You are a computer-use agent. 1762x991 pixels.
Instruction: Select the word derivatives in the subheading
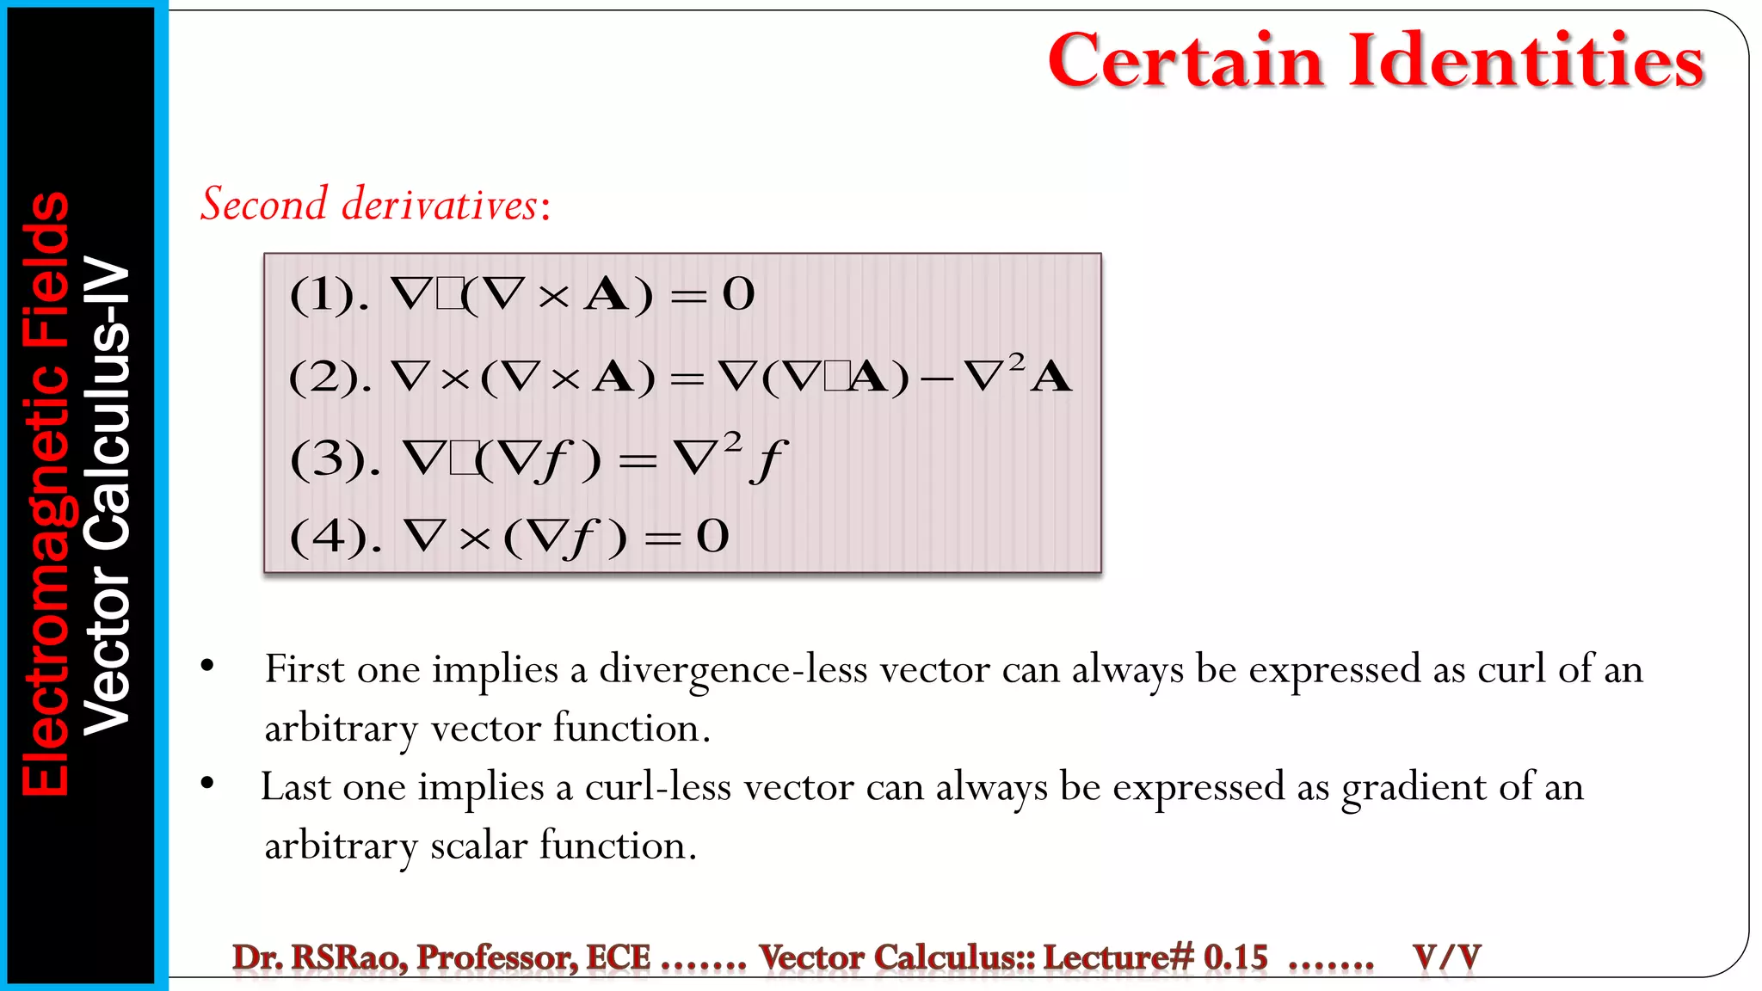(x=440, y=205)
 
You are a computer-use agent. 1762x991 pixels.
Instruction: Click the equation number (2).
(x=330, y=377)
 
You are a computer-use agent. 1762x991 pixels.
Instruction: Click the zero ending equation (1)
(x=738, y=295)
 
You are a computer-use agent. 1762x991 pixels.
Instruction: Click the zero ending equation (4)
(x=712, y=537)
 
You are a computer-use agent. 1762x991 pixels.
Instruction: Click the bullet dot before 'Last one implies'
(x=207, y=783)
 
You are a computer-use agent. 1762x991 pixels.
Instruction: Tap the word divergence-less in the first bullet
(x=733, y=670)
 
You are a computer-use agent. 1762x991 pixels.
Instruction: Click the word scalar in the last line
(x=478, y=846)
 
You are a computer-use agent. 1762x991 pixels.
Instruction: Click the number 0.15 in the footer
(x=1235, y=957)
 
